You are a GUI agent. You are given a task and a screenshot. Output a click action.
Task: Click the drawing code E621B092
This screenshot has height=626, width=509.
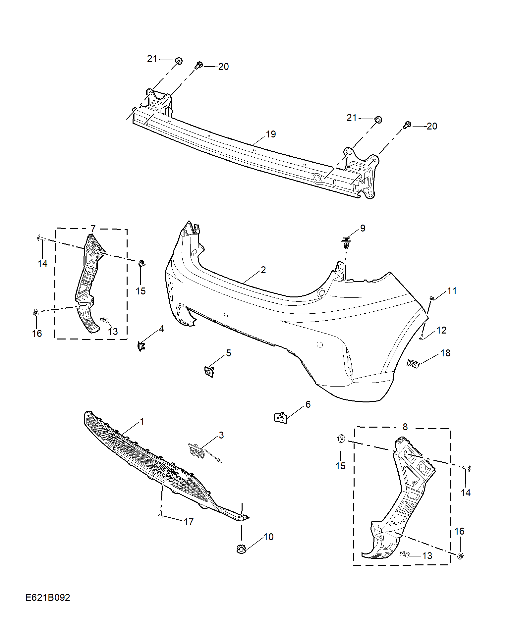click(x=48, y=598)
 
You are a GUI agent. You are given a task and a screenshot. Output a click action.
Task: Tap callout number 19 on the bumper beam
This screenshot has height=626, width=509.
click(x=271, y=134)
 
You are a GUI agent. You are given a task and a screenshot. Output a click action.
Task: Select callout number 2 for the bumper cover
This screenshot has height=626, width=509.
click(x=263, y=270)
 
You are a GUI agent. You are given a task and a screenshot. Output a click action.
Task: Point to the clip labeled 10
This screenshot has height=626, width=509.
click(x=241, y=549)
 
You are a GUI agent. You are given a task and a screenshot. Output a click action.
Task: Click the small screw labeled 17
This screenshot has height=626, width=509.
click(x=161, y=515)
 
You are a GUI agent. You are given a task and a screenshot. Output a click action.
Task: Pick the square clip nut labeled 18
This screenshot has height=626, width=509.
click(x=413, y=363)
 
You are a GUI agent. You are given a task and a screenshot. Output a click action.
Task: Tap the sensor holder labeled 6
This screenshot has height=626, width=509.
click(x=280, y=418)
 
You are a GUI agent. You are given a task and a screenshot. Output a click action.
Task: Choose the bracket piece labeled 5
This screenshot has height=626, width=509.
click(x=209, y=372)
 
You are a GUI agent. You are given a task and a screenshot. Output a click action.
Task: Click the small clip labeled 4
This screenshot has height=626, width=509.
click(x=141, y=346)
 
